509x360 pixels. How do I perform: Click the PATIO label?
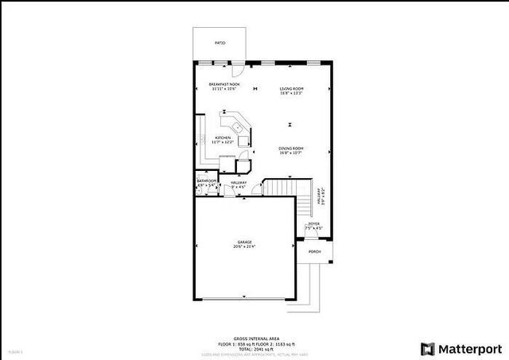coord(220,43)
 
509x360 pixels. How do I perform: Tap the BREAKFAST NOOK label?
coord(224,84)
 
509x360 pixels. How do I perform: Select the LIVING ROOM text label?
coord(292,88)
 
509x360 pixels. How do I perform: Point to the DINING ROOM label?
coord(291,149)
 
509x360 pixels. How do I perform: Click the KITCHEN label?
coord(223,138)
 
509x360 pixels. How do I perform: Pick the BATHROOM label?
coord(207,181)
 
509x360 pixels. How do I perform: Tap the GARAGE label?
coord(244,242)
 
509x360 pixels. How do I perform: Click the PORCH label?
coord(315,251)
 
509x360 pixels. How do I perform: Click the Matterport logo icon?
coord(428,348)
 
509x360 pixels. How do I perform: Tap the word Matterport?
coord(471,348)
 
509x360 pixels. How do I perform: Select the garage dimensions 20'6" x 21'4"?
coord(244,246)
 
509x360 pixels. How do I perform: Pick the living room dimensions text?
coord(292,94)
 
